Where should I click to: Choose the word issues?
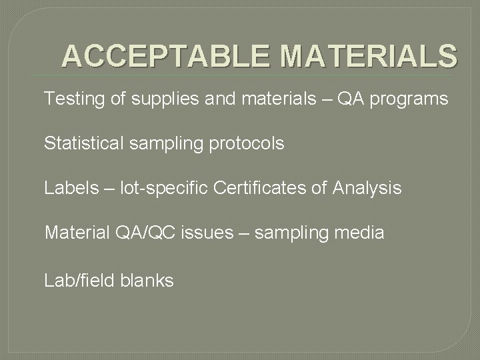209,233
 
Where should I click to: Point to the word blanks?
147,281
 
